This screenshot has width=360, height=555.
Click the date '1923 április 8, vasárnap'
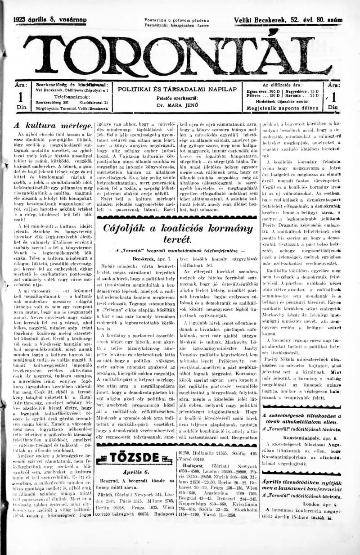tap(50, 20)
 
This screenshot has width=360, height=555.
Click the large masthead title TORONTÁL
tap(180, 54)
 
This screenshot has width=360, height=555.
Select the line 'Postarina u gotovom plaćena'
tap(177, 20)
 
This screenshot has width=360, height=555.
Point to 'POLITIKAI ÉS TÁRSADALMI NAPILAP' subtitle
tap(177, 89)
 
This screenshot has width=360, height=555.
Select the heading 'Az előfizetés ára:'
tap(283, 85)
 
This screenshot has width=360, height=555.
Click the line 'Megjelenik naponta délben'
tap(283, 108)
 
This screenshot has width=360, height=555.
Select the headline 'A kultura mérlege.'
tap(54, 126)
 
